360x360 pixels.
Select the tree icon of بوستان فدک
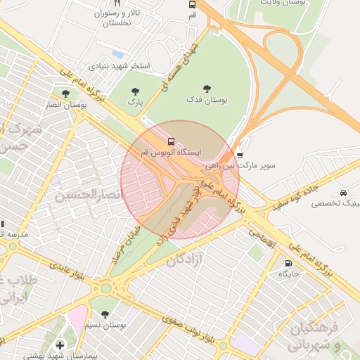click(207, 89)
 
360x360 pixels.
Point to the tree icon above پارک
click(135, 91)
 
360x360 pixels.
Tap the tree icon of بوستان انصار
click(65, 94)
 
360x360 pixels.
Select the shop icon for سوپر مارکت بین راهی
click(240, 155)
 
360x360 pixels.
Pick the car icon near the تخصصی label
click(342, 193)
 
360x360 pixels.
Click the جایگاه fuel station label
click(287, 273)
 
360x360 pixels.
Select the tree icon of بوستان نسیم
click(105, 314)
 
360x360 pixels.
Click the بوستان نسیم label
click(105, 325)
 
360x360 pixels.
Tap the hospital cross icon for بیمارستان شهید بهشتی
click(60, 345)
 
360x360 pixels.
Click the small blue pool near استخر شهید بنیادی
click(117, 53)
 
